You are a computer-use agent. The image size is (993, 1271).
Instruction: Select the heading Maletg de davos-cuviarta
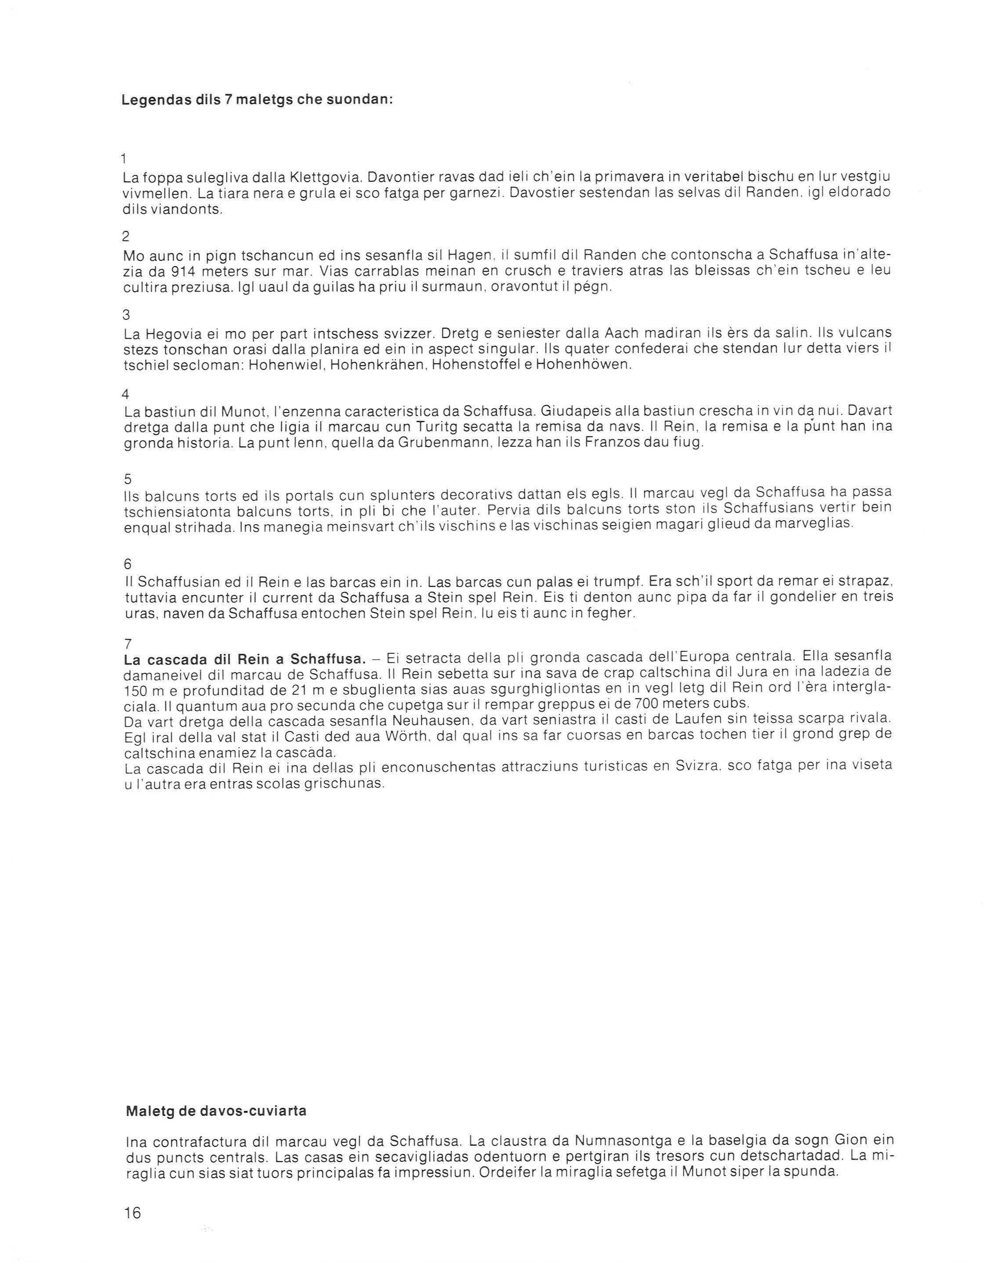coord(216,1110)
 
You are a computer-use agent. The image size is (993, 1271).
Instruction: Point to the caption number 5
coord(128,479)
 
